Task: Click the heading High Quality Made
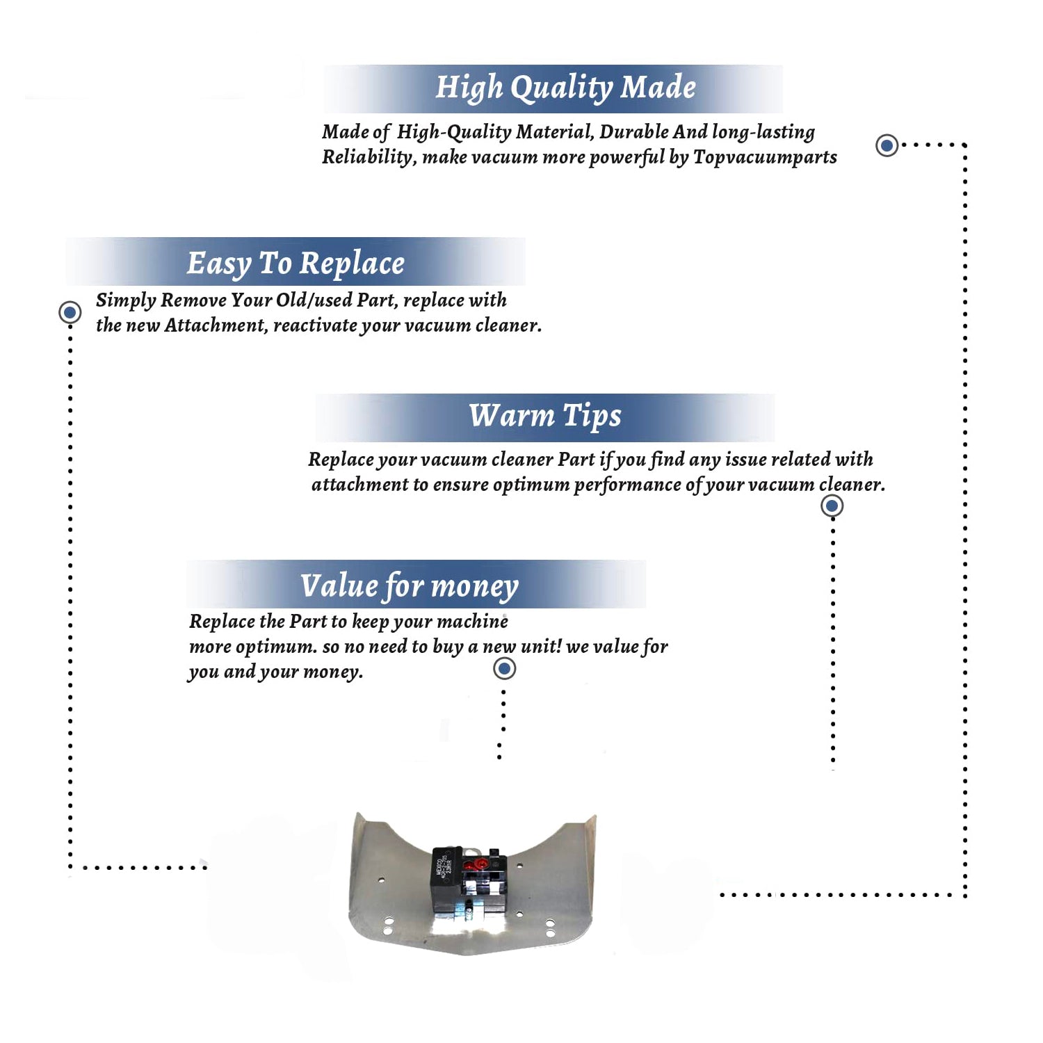click(565, 88)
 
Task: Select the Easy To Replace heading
click(296, 264)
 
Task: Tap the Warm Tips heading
click(545, 417)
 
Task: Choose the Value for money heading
click(410, 586)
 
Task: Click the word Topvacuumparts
click(765, 158)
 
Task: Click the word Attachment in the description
click(216, 325)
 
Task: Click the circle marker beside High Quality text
click(887, 145)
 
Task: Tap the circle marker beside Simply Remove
click(70, 312)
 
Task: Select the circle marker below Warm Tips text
click(832, 506)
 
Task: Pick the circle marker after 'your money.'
click(504, 669)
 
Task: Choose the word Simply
click(126, 300)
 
